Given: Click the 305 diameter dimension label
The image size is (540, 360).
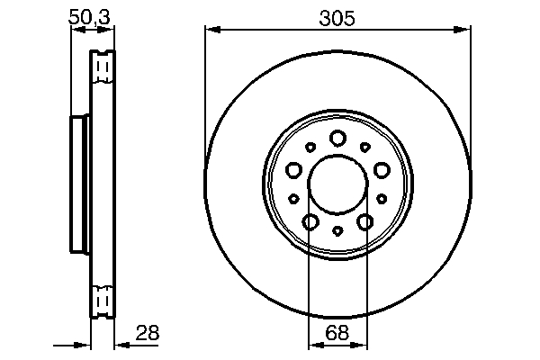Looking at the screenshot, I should pyautogui.click(x=337, y=15).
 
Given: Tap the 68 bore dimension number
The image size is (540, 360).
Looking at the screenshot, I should pyautogui.click(x=337, y=332).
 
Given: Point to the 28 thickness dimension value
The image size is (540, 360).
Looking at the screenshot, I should pyautogui.click(x=147, y=332).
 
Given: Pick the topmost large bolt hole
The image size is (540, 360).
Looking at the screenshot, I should pyautogui.click(x=337, y=138).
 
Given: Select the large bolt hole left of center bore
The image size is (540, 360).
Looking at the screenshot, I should pyautogui.click(x=293, y=169).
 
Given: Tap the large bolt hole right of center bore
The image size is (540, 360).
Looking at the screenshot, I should pyautogui.click(x=382, y=169).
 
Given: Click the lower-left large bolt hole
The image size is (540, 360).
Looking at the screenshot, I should pyautogui.click(x=310, y=221).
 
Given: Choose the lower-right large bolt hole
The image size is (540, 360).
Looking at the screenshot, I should pyautogui.click(x=365, y=221).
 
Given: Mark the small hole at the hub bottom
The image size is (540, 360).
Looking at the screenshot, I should pyautogui.click(x=337, y=231).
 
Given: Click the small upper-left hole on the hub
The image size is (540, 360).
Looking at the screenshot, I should pyautogui.click(x=310, y=147).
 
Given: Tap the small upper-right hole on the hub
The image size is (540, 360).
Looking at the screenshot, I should pyautogui.click(x=365, y=147).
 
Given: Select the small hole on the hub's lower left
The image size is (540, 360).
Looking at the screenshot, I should pyautogui.click(x=293, y=199).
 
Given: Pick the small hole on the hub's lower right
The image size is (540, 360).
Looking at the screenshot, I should pyautogui.click(x=382, y=199).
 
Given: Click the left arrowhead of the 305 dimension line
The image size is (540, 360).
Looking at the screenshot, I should pyautogui.click(x=211, y=30).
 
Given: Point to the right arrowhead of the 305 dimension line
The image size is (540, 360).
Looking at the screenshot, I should pyautogui.click(x=465, y=30).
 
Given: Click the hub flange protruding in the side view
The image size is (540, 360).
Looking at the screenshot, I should pyautogui.click(x=78, y=184).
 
